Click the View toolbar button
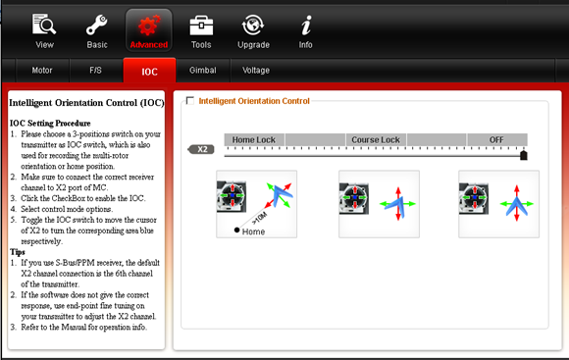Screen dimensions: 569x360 44,31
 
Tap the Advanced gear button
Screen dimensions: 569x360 149,30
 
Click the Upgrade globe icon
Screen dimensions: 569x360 253,26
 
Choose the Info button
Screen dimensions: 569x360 305,31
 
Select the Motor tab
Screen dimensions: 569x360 42,71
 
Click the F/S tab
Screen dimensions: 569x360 96,71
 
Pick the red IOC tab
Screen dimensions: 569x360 149,71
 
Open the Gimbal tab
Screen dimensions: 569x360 202,71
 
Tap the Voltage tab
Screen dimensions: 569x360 256,71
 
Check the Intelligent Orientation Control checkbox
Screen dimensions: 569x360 189,100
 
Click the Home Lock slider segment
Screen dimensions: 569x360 254,139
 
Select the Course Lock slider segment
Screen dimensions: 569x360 376,139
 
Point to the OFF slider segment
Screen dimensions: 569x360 496,139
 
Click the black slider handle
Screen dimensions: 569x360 523,155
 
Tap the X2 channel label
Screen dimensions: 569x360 201,149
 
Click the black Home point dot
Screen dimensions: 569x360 236,230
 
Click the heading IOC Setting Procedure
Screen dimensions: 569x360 50,124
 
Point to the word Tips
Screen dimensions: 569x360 18,252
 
